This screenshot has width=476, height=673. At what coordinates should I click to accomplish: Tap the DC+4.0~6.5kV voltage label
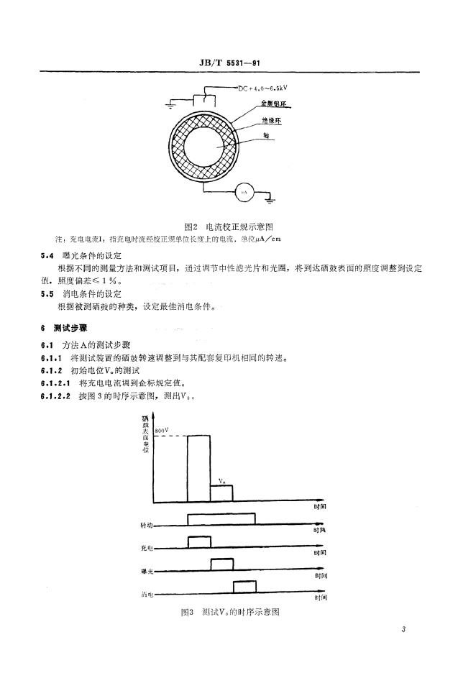pos(264,88)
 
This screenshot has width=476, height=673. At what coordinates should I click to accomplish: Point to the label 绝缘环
pos(272,122)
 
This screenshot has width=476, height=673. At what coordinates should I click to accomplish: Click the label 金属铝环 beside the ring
pos(275,106)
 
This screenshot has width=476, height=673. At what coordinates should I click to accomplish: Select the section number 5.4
pos(47,255)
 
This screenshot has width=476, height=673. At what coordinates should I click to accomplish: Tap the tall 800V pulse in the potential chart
pos(198,467)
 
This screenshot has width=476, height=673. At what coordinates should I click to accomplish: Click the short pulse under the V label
pos(221,494)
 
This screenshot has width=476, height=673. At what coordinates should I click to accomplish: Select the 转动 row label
pos(148,526)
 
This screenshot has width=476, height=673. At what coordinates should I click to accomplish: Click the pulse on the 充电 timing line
pos(198,542)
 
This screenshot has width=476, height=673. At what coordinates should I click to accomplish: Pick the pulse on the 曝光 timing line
pos(221,565)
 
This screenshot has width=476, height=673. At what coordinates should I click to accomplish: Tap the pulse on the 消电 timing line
pos(244,587)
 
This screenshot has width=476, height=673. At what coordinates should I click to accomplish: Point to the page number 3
pos(404,631)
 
